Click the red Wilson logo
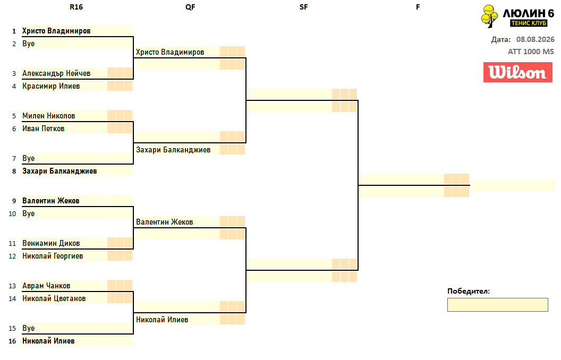click(x=518, y=72)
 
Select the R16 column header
click(x=76, y=7)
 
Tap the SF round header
click(x=303, y=7)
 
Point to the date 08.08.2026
click(x=535, y=39)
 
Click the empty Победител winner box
click(x=497, y=305)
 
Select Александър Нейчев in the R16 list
click(x=56, y=73)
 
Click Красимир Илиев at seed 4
click(x=51, y=86)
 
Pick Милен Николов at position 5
click(x=49, y=116)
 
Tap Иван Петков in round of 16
click(x=43, y=128)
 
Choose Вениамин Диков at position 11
click(x=51, y=244)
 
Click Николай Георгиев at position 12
click(x=53, y=256)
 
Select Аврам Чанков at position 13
click(x=46, y=286)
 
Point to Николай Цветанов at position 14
click(x=54, y=298)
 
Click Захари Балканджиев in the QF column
click(x=173, y=150)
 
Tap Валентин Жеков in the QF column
click(x=165, y=222)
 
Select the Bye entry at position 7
click(x=28, y=158)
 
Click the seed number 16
click(x=13, y=341)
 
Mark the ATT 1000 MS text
click(x=531, y=52)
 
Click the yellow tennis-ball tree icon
click(x=489, y=16)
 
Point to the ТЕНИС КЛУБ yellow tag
click(x=529, y=23)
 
